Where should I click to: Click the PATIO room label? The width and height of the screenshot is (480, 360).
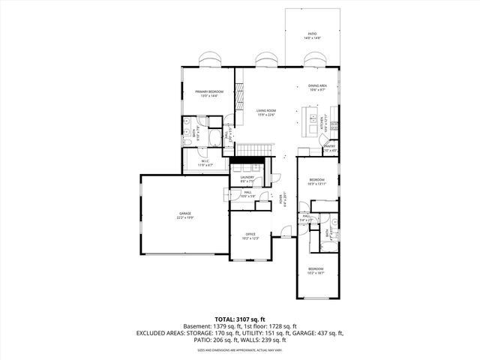(x=312, y=34)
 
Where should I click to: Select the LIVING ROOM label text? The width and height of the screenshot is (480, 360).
(x=266, y=110)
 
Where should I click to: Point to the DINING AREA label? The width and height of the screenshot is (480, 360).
(x=317, y=86)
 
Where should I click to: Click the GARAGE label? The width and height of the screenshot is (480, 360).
(x=185, y=215)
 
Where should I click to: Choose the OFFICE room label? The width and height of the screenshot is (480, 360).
(x=251, y=234)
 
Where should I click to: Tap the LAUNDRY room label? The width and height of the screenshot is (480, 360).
(x=247, y=178)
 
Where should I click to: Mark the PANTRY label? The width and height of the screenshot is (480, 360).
(x=330, y=147)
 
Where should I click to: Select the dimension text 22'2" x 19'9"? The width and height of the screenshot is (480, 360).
(x=185, y=219)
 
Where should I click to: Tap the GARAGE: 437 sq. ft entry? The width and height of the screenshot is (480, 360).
(x=322, y=333)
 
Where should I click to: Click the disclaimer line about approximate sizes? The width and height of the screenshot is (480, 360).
(x=239, y=349)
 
